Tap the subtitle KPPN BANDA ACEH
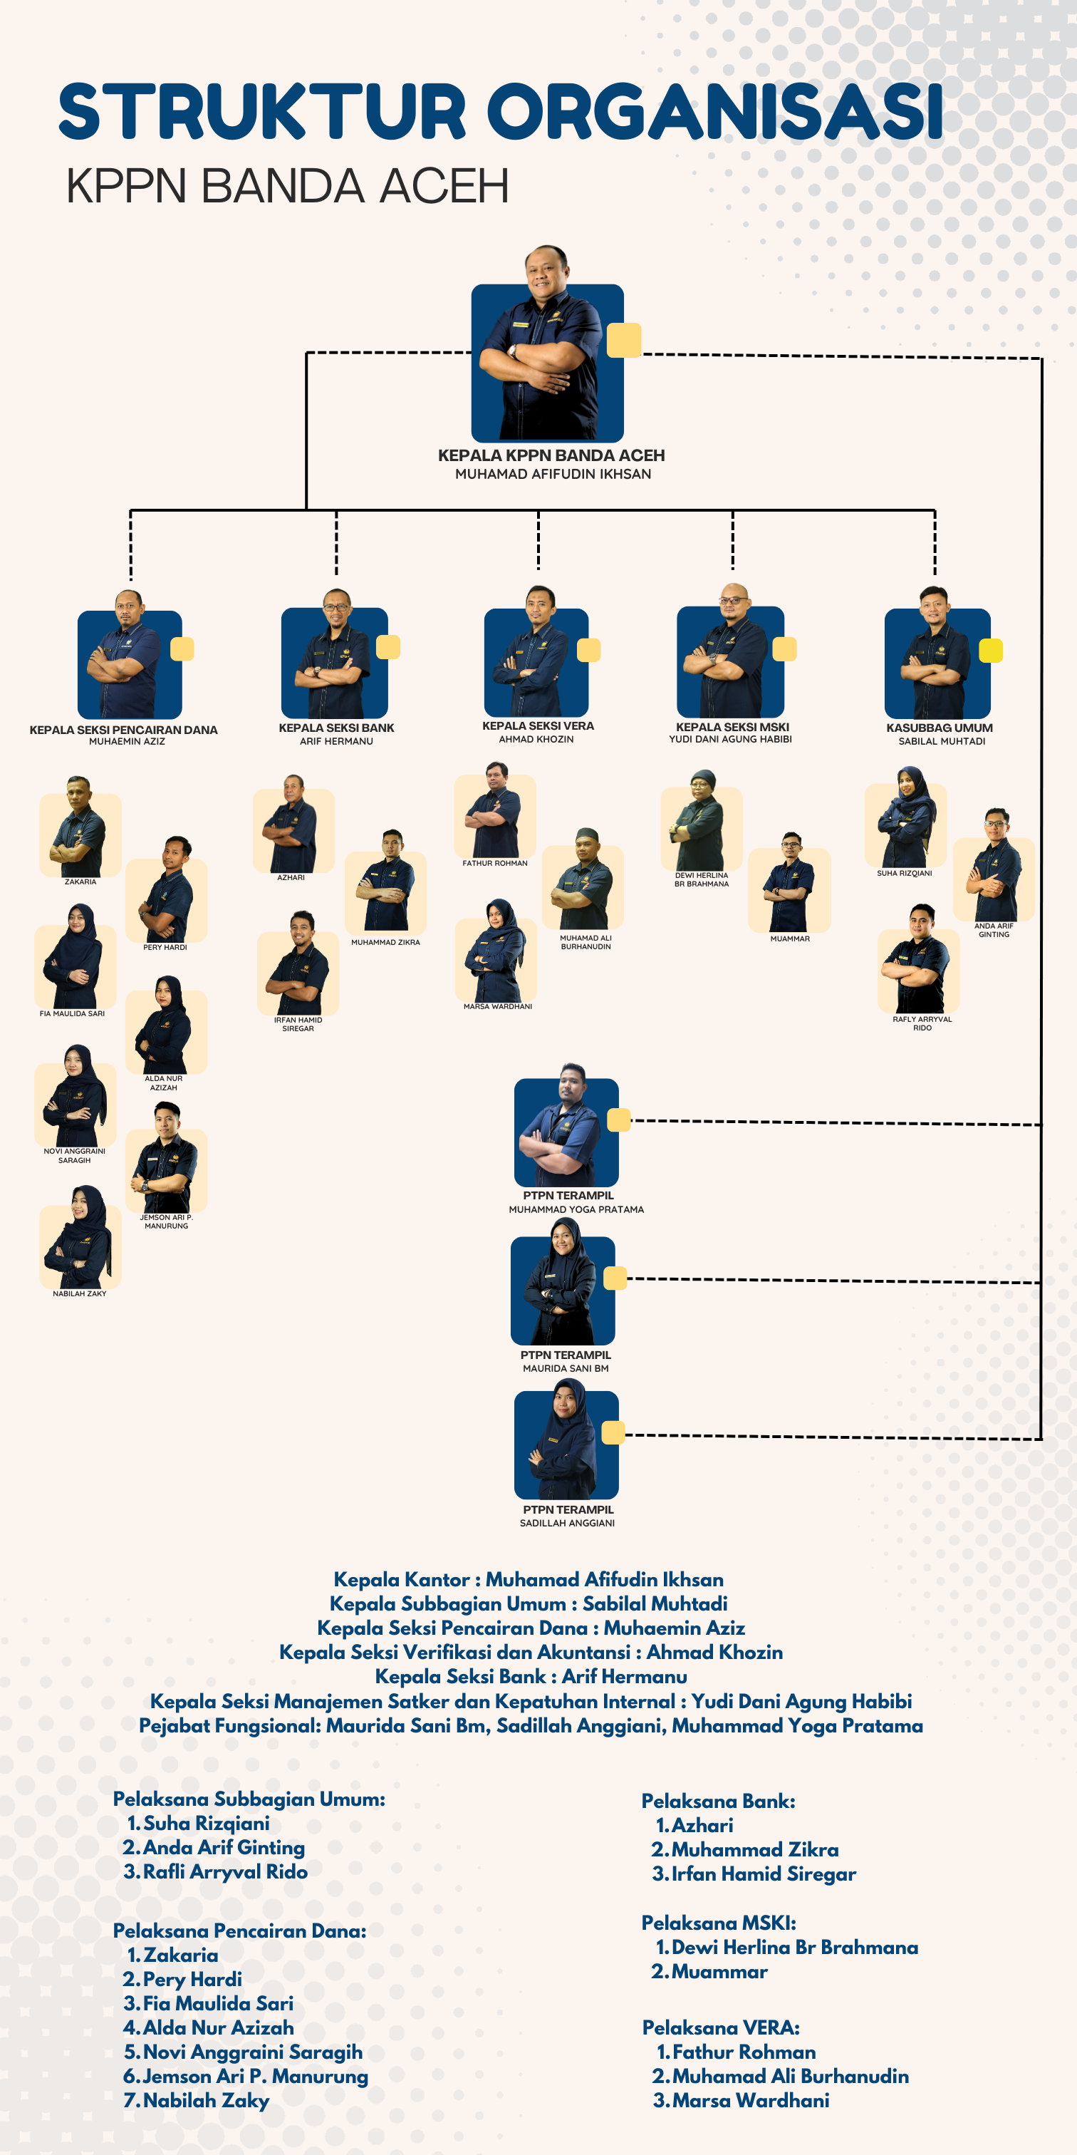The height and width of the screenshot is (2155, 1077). tap(287, 186)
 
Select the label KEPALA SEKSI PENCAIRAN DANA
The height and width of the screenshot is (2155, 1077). tap(124, 730)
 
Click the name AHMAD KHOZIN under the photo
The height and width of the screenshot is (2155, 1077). tap(536, 740)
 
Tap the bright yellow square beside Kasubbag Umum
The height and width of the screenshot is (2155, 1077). tap(991, 650)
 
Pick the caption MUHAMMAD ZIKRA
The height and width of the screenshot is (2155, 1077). tap(385, 942)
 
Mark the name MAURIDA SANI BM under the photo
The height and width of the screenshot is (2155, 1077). tap(566, 1369)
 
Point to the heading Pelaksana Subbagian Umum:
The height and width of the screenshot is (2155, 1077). tap(249, 1799)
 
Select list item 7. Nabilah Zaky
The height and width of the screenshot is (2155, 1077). tap(197, 2100)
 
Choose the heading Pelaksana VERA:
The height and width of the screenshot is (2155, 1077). tap(721, 2028)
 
